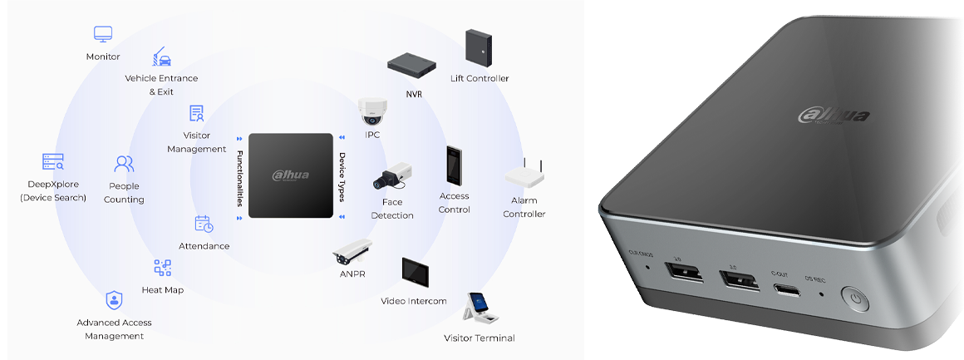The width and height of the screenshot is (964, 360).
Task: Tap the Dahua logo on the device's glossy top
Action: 834,115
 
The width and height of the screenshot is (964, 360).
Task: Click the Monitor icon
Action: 103,35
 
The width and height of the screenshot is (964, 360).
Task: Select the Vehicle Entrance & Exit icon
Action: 161,57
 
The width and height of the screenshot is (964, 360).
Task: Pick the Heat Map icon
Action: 163,268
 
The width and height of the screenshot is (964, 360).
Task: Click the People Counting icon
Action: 125,163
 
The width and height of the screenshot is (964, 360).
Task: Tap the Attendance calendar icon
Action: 204,224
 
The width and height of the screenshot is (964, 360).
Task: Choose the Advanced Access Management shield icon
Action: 114,300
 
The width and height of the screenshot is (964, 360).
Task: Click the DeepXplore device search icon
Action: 53,161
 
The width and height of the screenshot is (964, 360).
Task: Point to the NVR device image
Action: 413,64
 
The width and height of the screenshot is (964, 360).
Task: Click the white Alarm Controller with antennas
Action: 524,175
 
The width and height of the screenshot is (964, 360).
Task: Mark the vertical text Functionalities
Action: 239,175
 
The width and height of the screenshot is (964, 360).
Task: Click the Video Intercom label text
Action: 414,301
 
